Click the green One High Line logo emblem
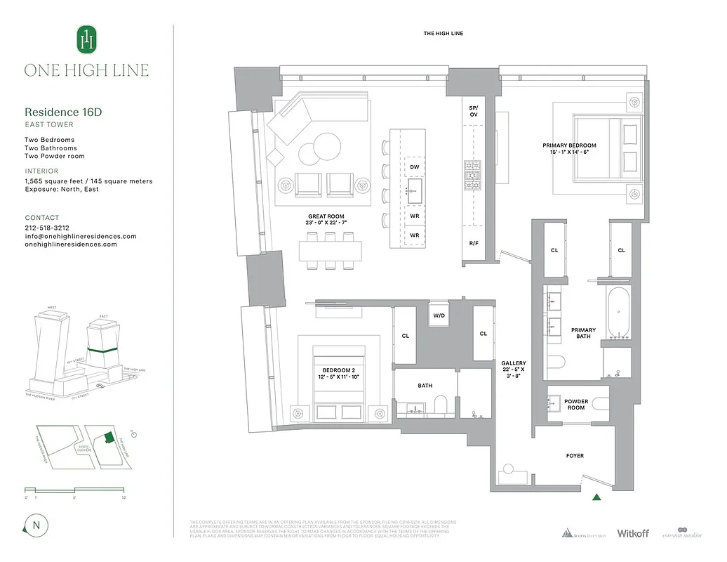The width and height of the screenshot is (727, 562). [86, 39]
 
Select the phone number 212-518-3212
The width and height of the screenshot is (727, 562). [47, 228]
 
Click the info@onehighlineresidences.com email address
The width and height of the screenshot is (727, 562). [81, 236]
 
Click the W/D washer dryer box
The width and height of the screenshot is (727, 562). [439, 315]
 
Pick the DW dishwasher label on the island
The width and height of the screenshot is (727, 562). [415, 166]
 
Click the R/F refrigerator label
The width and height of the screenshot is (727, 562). [474, 243]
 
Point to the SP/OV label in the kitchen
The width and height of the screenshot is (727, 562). [474, 111]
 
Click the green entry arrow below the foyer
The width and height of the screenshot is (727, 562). [596, 497]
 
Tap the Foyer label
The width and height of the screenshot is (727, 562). [575, 456]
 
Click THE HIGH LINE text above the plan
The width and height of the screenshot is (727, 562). [443, 34]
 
